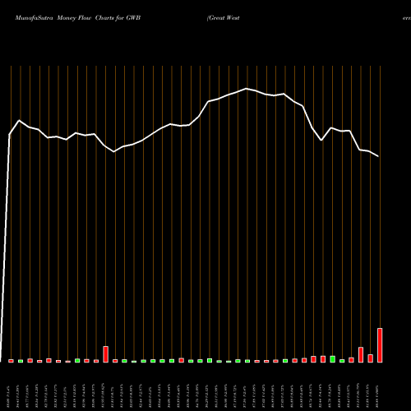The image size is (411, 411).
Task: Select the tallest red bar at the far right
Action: [x=380, y=345]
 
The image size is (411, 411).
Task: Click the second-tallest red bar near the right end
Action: [x=361, y=354]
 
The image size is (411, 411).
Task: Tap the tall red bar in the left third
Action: [x=105, y=354]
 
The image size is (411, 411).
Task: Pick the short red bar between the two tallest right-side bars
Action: [x=370, y=358]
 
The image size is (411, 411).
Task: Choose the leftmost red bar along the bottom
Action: [x=11, y=361]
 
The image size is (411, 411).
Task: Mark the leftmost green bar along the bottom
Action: [x=21, y=361]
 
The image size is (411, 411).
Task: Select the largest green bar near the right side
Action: [x=332, y=358]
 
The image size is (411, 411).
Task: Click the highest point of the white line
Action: [x=246, y=89]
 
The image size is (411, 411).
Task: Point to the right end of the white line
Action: [x=379, y=156]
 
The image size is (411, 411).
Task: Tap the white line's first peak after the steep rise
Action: [x=20, y=121]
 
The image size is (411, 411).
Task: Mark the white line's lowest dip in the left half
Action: [x=114, y=152]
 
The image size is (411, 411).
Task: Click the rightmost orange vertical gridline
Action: [x=380, y=205]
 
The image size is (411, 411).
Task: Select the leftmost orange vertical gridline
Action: [x=11, y=205]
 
